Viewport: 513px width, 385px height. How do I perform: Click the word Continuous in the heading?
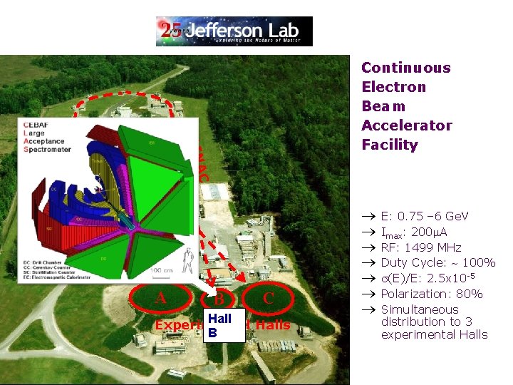(x=405, y=68)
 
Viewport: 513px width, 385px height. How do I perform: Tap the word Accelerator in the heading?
(x=406, y=125)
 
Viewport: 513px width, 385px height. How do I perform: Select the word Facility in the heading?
(x=389, y=145)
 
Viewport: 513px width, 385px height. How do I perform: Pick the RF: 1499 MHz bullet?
(x=420, y=247)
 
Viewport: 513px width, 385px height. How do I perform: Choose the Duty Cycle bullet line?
(x=437, y=263)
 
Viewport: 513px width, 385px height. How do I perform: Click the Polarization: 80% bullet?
(x=431, y=294)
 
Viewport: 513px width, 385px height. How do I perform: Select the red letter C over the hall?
(x=269, y=299)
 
